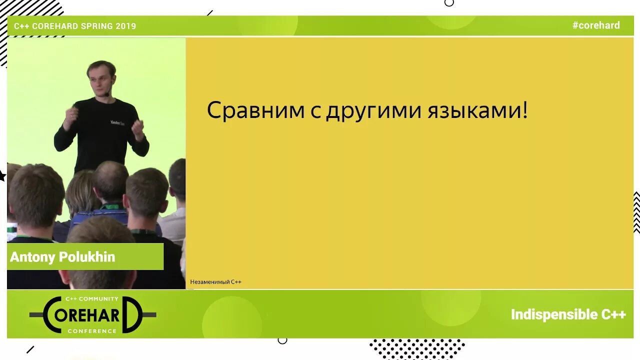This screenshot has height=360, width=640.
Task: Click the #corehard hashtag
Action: tap(595, 25)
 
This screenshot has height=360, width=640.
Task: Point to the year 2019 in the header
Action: tap(125, 26)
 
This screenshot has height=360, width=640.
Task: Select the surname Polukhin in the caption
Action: tap(87, 257)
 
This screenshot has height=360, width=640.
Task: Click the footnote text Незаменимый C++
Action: tap(215, 282)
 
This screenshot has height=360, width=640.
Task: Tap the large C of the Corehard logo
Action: tap(52, 315)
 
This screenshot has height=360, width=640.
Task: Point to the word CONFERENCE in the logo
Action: tap(92, 331)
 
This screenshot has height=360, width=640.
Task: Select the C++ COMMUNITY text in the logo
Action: tap(92, 299)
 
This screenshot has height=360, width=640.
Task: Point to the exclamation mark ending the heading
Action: tap(524, 110)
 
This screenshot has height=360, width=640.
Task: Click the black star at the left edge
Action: tap(2, 176)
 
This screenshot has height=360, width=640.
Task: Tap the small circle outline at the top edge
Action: tap(449, 2)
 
